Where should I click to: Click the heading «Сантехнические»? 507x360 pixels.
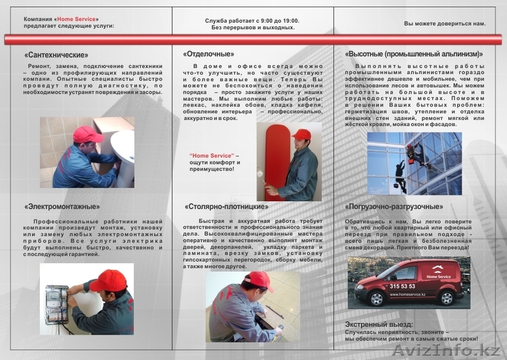(56, 55)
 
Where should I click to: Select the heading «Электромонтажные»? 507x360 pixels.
(62, 206)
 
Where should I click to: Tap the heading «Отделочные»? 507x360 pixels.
(209, 54)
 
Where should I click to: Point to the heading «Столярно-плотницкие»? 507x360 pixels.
(226, 206)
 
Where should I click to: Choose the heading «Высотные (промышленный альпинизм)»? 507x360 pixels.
(413, 54)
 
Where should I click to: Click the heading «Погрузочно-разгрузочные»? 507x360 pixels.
(394, 206)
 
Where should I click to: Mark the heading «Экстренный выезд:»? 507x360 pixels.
(378, 323)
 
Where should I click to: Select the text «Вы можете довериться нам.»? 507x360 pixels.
(445, 23)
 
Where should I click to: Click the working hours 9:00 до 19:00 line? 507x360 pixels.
(252, 20)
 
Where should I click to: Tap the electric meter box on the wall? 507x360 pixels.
(56, 305)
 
